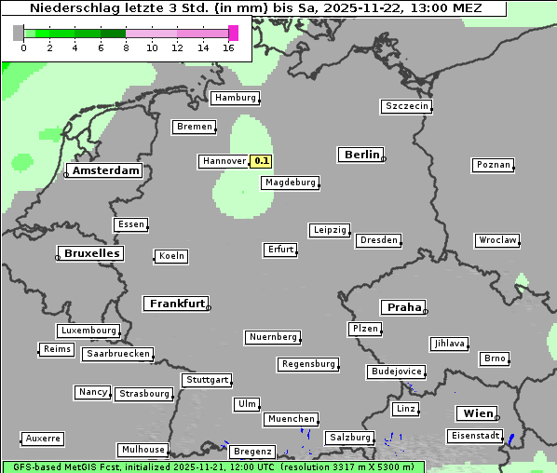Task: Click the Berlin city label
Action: (x=361, y=155)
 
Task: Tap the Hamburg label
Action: (x=235, y=98)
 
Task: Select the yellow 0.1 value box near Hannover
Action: (x=262, y=161)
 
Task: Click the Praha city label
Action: (x=403, y=307)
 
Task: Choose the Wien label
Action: (x=477, y=413)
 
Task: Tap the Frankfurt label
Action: (x=177, y=304)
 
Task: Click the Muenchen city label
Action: (x=292, y=419)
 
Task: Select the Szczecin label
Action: (x=407, y=106)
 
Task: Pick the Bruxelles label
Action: (x=91, y=253)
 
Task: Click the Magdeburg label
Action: (x=290, y=182)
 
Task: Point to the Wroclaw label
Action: (x=497, y=240)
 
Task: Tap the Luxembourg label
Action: (x=88, y=331)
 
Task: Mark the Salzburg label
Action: (x=349, y=438)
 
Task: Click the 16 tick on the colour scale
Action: (x=229, y=47)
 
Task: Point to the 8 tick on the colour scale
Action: (x=126, y=47)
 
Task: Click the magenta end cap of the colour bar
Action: (x=233, y=33)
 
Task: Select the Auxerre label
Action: (x=43, y=438)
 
